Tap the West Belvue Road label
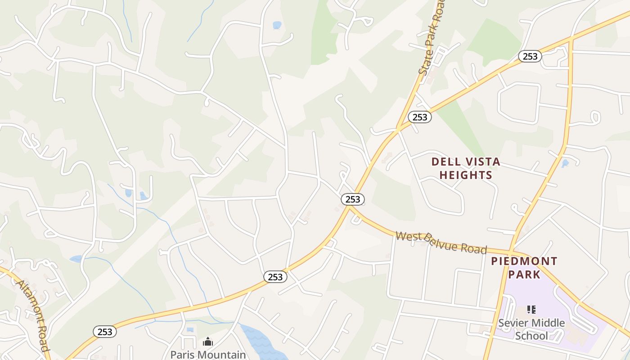[x=441, y=242]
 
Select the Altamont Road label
[x=32, y=315]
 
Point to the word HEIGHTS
[x=466, y=175]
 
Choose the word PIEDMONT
[x=524, y=261]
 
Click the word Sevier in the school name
[x=513, y=323]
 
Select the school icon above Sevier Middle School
[x=531, y=310]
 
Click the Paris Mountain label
[x=208, y=355]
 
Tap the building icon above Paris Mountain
[x=207, y=342]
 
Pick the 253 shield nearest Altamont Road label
[x=104, y=332]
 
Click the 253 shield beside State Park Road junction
[x=419, y=117]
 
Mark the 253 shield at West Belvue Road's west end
[x=352, y=199]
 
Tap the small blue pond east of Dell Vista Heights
[x=565, y=163]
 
